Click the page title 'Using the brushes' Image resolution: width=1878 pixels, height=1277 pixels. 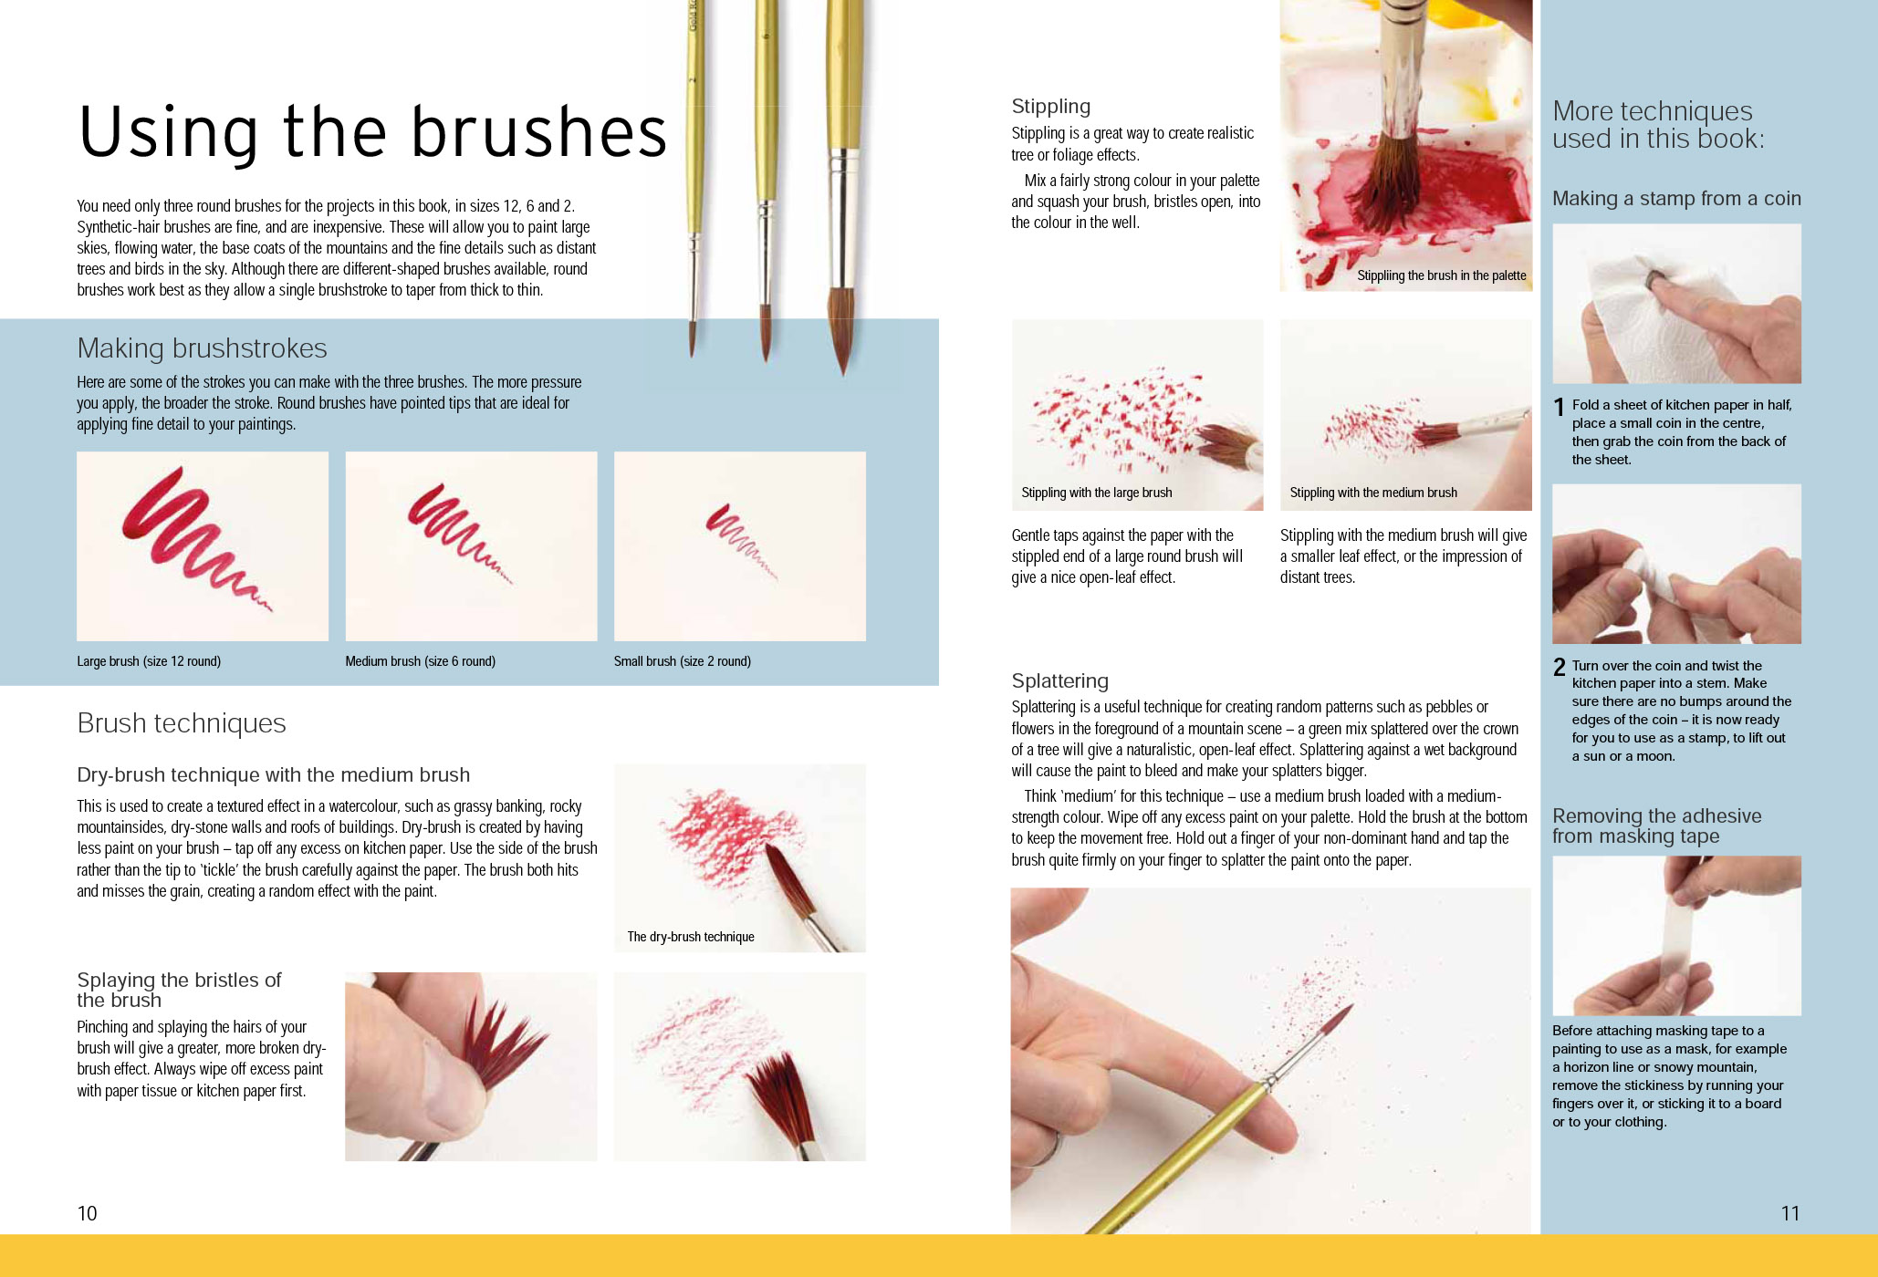pyautogui.click(x=372, y=132)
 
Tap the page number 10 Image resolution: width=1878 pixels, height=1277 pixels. pyautogui.click(x=87, y=1213)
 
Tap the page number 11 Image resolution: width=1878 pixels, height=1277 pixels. pyautogui.click(x=1790, y=1213)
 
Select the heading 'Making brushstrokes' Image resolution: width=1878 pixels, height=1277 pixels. pyautogui.click(x=202, y=348)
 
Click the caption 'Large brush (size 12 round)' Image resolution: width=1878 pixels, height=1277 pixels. pyautogui.click(x=149, y=661)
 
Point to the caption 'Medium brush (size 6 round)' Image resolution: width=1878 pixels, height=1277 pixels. pyautogui.click(x=420, y=661)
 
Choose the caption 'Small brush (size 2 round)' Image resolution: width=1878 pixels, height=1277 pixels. pyautogui.click(x=683, y=661)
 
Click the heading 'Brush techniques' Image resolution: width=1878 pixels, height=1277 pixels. pyautogui.click(x=182, y=723)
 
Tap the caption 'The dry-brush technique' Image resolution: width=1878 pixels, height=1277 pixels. pyautogui.click(x=691, y=937)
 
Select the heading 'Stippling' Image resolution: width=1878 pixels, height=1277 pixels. pyautogui.click(x=1050, y=107)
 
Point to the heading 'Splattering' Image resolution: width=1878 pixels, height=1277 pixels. pyautogui.click(x=1059, y=681)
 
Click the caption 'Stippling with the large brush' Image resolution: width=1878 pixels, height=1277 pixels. pyautogui.click(x=1097, y=493)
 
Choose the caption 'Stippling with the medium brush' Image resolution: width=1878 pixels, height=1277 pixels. pyautogui.click(x=1373, y=493)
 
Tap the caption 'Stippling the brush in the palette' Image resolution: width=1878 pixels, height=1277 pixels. pyautogui.click(x=1442, y=275)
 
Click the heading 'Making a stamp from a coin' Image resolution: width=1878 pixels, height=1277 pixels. pyautogui.click(x=1677, y=199)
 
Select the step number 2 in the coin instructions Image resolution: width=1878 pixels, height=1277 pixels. pyautogui.click(x=1560, y=668)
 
